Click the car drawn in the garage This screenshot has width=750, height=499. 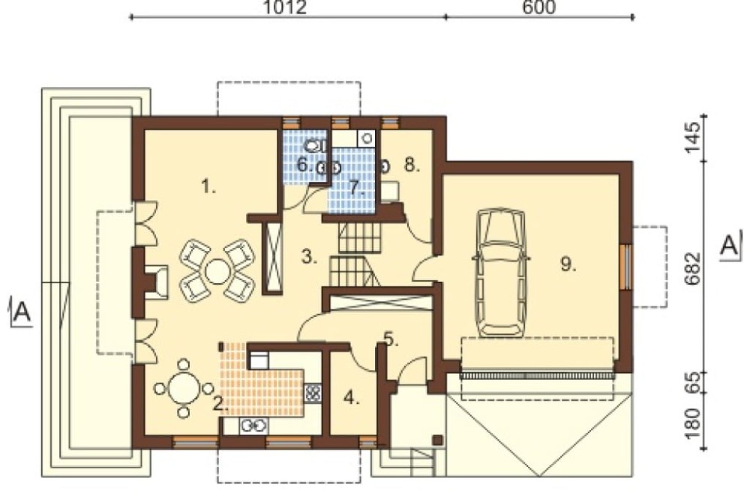(x=501, y=271)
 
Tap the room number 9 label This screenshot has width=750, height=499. (x=568, y=264)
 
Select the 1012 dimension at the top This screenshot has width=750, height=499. (x=285, y=7)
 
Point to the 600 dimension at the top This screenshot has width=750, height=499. (x=538, y=7)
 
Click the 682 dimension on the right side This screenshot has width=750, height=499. (x=692, y=269)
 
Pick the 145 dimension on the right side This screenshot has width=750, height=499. (x=692, y=138)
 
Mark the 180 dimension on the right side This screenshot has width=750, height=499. (x=692, y=423)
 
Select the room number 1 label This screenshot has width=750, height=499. (x=208, y=186)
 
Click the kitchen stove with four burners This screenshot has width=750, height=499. (x=313, y=393)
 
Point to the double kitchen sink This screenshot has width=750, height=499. (x=253, y=426)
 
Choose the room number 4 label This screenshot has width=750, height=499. (x=352, y=398)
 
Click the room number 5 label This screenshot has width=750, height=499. (x=391, y=339)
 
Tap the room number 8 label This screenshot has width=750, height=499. (x=412, y=165)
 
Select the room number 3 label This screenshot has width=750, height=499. (x=310, y=257)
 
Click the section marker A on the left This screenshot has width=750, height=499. (x=22, y=312)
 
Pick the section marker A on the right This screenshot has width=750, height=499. (x=729, y=247)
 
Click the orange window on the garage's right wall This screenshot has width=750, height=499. (x=625, y=267)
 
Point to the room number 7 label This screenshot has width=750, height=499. (x=356, y=188)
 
